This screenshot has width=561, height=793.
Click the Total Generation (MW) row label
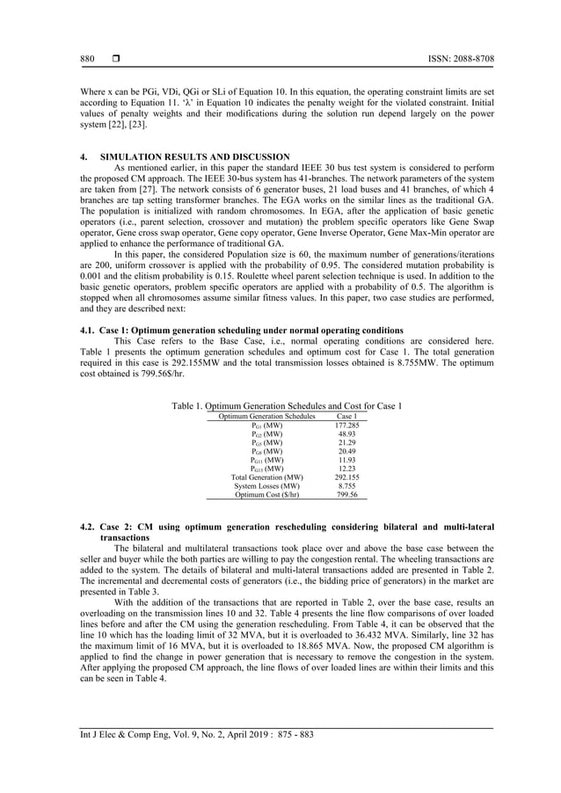tap(261, 477)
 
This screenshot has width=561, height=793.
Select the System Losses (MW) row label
tap(261, 486)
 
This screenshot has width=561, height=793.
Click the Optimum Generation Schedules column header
tap(261, 416)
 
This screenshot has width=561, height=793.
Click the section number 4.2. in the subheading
tap(88, 527)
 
